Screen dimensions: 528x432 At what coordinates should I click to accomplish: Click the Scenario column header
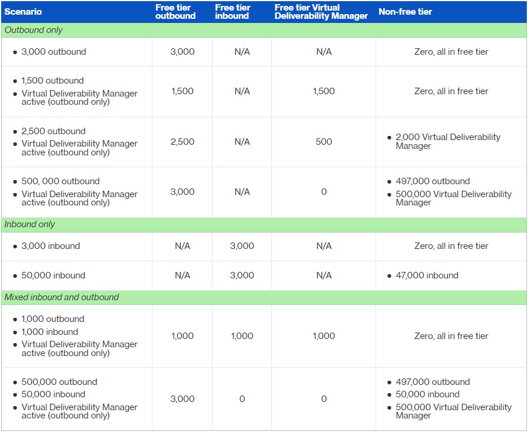pos(23,12)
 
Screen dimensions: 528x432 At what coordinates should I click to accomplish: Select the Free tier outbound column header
pos(175,12)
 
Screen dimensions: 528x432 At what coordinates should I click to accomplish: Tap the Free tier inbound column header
pos(233,12)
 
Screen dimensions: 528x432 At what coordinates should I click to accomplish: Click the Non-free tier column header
pos(405,12)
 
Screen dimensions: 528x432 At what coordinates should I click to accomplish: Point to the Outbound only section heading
pos(34,30)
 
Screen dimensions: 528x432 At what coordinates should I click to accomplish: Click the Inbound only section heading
pos(29,224)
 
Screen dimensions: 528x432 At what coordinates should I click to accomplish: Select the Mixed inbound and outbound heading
pos(62,297)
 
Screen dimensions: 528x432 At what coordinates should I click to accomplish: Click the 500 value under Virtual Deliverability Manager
pos(324,141)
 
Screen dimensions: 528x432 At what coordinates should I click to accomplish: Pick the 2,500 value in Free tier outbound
pos(182,141)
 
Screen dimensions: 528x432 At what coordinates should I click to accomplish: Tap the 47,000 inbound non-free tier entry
pos(427,275)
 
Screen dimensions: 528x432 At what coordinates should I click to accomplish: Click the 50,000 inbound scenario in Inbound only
pos(53,275)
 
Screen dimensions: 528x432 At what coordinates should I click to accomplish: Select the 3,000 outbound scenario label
pos(54,52)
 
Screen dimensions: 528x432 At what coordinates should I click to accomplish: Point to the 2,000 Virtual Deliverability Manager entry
pos(448,141)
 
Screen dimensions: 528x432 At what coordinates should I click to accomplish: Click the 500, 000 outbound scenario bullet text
pos(61,181)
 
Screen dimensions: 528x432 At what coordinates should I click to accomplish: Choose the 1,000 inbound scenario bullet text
pos(50,332)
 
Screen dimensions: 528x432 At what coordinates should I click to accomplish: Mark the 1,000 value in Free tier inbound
pos(242,335)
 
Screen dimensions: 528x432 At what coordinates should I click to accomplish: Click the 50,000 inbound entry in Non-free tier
pos(428,394)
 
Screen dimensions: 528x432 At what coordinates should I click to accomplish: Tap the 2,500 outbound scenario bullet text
pos(54,131)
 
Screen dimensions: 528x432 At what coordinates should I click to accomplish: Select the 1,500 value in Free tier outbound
pos(182,91)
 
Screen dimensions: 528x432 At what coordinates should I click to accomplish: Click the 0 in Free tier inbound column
pos(242,398)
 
